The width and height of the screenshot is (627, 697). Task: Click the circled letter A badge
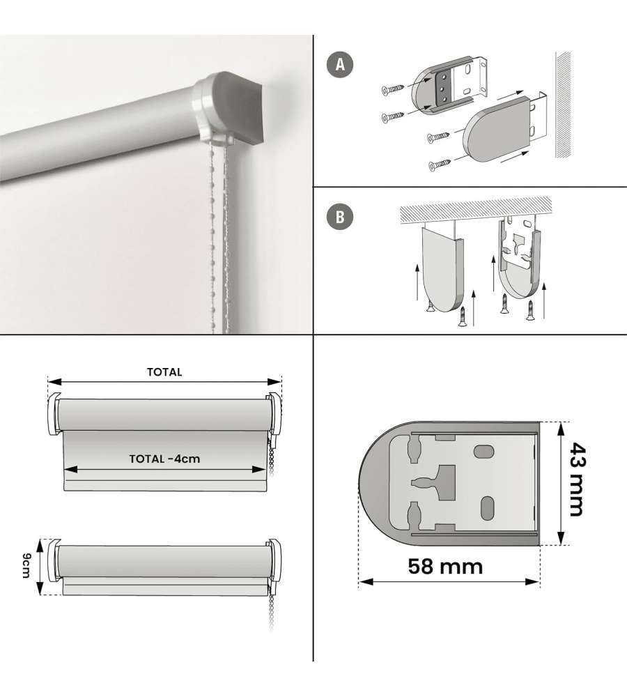(340, 65)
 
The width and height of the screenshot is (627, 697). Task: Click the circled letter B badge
(340, 217)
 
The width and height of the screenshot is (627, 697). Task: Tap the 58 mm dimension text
(444, 566)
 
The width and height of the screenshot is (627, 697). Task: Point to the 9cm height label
(26, 566)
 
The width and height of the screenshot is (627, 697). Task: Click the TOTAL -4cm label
(164, 459)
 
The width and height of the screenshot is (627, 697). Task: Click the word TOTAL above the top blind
(164, 372)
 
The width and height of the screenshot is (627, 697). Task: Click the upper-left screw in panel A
(392, 89)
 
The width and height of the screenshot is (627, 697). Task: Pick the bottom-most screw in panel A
(439, 165)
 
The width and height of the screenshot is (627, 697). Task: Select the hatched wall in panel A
(563, 105)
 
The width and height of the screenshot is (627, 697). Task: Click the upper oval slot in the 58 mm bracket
(484, 452)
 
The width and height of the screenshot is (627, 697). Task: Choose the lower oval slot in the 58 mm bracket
(488, 508)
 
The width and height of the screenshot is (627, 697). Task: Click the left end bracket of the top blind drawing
(54, 414)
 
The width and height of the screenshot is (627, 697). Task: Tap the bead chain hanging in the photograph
(220, 236)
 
